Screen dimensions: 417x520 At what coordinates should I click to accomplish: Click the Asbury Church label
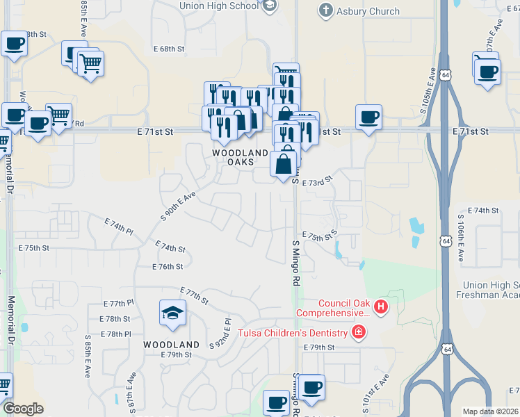point(368,11)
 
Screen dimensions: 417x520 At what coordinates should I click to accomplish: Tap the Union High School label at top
point(218,6)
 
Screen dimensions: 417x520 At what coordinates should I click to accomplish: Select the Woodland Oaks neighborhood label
point(241,157)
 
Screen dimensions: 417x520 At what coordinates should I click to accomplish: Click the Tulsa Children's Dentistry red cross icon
point(359,332)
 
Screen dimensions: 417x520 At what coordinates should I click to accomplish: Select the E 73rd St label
point(318,181)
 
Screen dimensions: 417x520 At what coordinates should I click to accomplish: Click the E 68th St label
point(170,49)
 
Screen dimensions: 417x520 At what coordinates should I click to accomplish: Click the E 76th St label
point(168,266)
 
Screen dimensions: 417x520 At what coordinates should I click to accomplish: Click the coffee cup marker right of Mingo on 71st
point(368,117)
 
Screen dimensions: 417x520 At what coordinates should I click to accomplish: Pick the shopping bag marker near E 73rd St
point(284,165)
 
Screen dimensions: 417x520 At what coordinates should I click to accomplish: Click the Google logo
point(23,409)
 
